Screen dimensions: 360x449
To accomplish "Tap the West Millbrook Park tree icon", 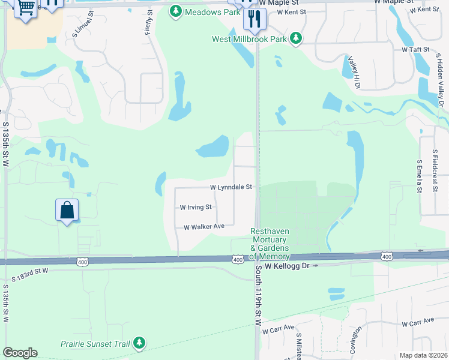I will pos(295,39).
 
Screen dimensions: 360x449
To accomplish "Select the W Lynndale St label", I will pos(231,187).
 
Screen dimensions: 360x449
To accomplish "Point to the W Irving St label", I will pos(196,207).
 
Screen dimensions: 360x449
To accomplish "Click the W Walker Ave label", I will pos(204,227).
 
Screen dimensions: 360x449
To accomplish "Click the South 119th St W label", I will pos(259,296).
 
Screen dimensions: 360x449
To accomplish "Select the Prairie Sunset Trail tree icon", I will pos(139,343).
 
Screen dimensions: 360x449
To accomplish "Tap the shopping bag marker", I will pos(67,210).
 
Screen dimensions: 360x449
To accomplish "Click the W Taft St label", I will pos(416,49).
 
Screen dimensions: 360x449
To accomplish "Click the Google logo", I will pos(20,353).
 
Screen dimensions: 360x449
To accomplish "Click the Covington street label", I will pos(357,340).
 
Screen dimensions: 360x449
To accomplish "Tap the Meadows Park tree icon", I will pos(175,11).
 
